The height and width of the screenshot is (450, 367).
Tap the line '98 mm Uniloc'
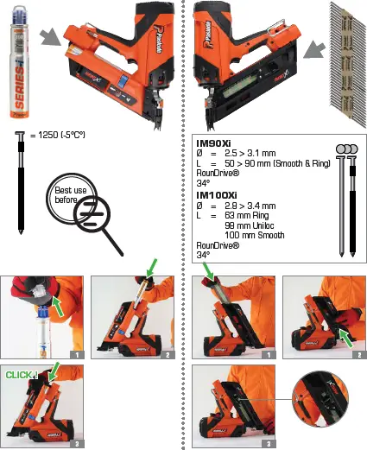coord(252,225)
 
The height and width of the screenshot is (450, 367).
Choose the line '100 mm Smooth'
coord(257,235)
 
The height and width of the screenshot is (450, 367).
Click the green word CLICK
coord(19,375)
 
